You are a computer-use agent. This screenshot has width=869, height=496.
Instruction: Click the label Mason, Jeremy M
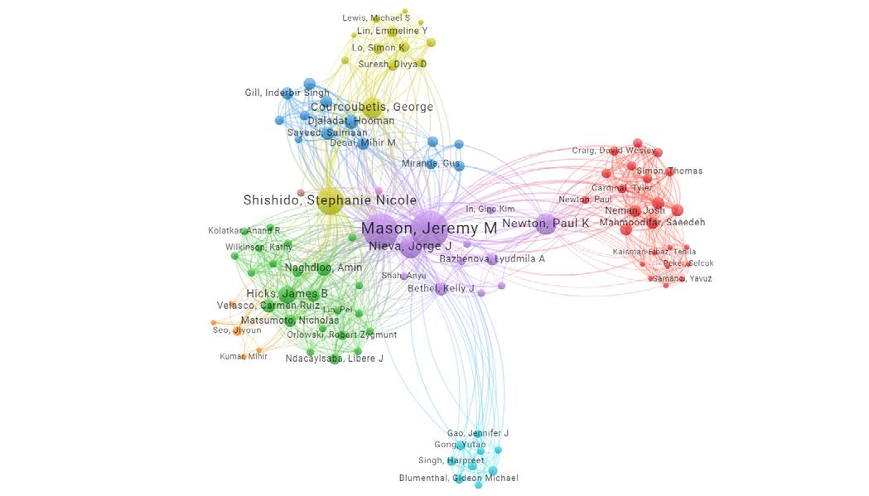tap(429, 228)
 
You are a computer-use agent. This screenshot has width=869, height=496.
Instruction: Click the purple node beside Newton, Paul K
tap(545, 224)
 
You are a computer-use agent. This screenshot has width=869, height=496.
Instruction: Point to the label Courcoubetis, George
tap(371, 107)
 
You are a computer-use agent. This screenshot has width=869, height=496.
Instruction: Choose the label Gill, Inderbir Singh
tap(287, 93)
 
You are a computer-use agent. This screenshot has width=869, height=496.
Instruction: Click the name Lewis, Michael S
tap(375, 17)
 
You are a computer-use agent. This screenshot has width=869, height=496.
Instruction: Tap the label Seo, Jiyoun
tap(237, 330)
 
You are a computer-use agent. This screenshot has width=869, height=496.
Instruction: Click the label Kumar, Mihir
tap(244, 357)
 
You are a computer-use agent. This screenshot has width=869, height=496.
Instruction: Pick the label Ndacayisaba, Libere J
tap(334, 359)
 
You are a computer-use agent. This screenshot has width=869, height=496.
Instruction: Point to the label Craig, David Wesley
tap(613, 151)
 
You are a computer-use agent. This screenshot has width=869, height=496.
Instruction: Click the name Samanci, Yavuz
tap(682, 278)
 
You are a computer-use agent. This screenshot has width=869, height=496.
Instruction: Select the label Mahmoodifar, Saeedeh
tap(652, 222)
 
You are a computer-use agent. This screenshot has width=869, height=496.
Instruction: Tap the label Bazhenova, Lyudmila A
tap(492, 259)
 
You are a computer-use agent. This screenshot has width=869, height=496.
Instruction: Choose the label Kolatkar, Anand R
tap(244, 230)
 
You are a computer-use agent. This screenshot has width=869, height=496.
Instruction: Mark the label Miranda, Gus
tap(431, 164)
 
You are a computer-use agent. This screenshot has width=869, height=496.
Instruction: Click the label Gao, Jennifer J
tap(477, 433)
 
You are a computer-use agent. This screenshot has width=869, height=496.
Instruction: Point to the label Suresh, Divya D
tap(392, 64)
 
